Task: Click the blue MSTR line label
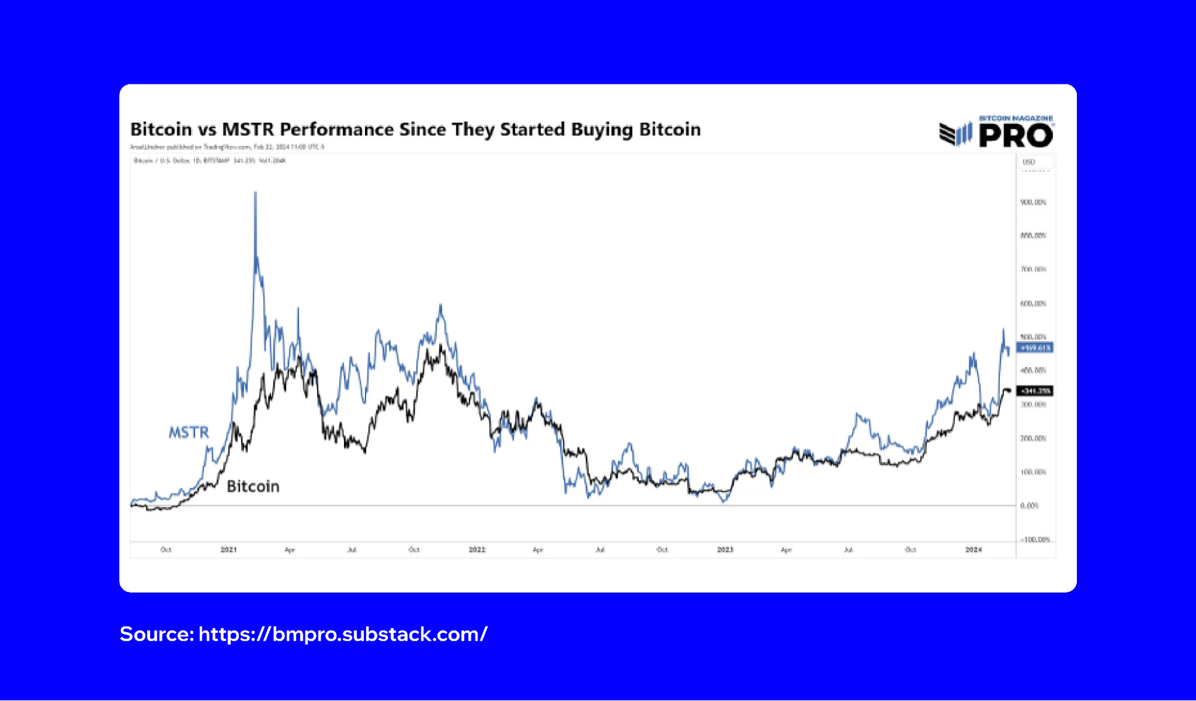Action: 188,432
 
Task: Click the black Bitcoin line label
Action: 253,486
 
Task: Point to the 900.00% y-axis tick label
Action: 1033,202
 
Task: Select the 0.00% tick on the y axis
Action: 1029,506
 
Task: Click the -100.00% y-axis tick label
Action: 1035,539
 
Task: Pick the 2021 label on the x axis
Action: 229,550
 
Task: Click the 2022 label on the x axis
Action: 477,550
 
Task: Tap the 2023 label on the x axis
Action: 725,550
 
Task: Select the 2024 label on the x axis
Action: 973,550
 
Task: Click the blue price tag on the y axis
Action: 1035,348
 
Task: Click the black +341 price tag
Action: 1035,391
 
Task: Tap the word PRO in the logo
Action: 1016,136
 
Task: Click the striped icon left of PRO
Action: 955,134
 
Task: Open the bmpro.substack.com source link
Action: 343,634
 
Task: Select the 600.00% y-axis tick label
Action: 1033,304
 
